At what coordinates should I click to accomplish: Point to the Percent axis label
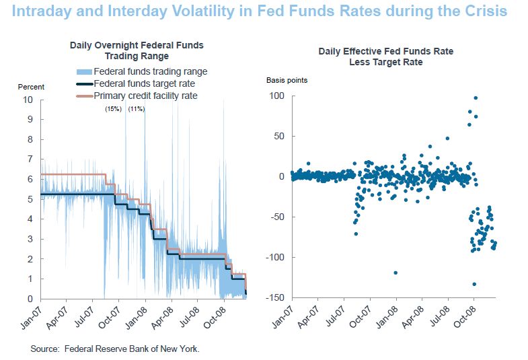click(x=31, y=87)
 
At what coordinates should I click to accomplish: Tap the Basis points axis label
click(x=287, y=80)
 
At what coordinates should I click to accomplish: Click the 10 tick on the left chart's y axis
click(x=28, y=100)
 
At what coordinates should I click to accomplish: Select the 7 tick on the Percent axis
click(x=30, y=159)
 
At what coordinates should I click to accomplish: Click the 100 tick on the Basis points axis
click(x=278, y=96)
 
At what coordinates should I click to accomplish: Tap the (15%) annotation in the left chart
click(x=112, y=108)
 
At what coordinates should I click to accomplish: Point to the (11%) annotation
click(x=137, y=108)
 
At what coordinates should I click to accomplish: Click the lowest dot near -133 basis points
click(x=474, y=284)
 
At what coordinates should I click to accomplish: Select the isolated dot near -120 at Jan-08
click(x=395, y=273)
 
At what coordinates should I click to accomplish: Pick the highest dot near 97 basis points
click(x=476, y=98)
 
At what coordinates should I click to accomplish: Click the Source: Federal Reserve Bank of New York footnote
click(x=115, y=349)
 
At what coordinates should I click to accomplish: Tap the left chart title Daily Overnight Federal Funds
click(x=137, y=45)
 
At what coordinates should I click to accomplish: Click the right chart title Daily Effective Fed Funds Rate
click(x=385, y=51)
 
